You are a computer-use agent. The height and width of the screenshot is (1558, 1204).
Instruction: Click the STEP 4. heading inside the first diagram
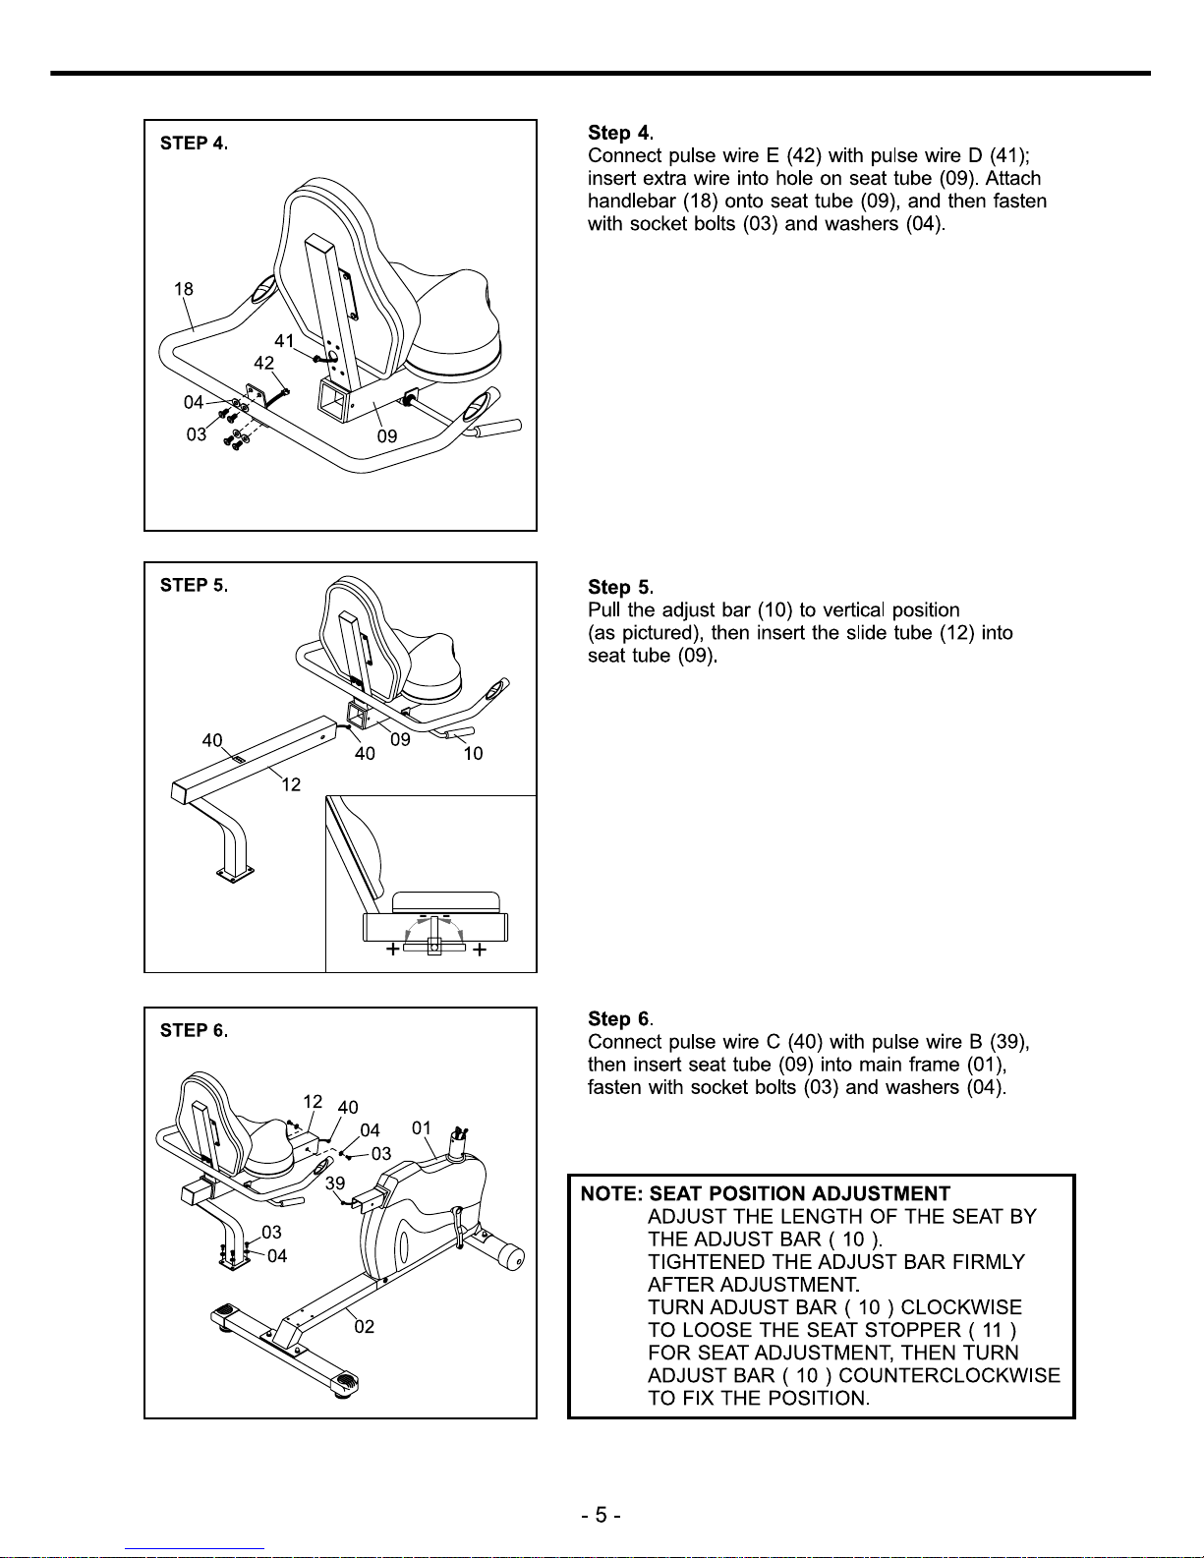pyautogui.click(x=194, y=144)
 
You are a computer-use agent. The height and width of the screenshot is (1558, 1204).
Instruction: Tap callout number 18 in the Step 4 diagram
pyautogui.click(x=184, y=289)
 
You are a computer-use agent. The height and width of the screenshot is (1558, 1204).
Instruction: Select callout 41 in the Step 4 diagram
pyautogui.click(x=284, y=341)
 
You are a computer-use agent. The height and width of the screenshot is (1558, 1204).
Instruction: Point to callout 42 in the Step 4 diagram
pyautogui.click(x=263, y=363)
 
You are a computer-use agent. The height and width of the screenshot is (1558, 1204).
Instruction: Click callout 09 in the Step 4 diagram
pyautogui.click(x=387, y=435)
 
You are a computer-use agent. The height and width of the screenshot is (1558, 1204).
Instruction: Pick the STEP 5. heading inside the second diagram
pyautogui.click(x=194, y=586)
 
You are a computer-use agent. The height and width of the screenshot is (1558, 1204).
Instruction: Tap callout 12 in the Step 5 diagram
pyautogui.click(x=291, y=784)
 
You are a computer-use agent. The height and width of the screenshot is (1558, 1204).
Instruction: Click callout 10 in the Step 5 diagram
pyautogui.click(x=473, y=754)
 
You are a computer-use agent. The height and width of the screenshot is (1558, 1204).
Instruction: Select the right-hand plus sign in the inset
pyautogui.click(x=480, y=950)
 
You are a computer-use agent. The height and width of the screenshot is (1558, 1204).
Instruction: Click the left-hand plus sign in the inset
pyautogui.click(x=392, y=950)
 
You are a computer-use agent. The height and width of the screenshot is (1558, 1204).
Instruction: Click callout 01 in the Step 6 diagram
pyautogui.click(x=422, y=1127)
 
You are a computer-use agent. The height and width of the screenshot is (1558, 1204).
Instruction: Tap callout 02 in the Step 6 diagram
pyautogui.click(x=364, y=1327)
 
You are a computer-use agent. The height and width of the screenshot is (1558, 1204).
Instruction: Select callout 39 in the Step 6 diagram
pyautogui.click(x=335, y=1183)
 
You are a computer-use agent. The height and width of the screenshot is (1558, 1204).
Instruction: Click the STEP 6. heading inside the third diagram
pyautogui.click(x=194, y=1031)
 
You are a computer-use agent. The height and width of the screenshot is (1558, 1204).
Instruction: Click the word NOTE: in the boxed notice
pyautogui.click(x=611, y=1194)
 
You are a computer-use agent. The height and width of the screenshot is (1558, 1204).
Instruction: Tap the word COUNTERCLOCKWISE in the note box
pyautogui.click(x=949, y=1375)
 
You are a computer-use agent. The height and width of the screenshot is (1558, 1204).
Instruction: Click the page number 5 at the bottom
pyautogui.click(x=601, y=1515)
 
